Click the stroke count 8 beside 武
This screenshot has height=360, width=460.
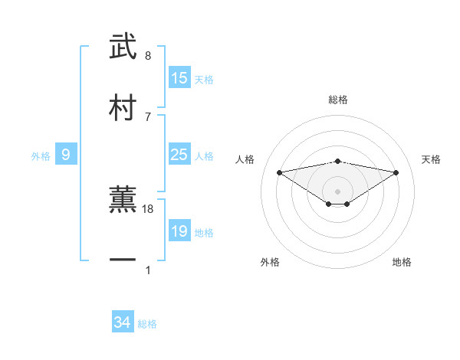(x=148, y=56)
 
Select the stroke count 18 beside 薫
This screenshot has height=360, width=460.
(x=149, y=208)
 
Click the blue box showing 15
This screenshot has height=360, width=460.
(x=179, y=77)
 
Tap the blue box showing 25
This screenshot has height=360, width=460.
(x=179, y=155)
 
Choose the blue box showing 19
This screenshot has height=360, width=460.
(x=179, y=231)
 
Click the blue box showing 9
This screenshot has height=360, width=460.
(x=66, y=155)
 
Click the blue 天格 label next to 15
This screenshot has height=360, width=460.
(x=204, y=79)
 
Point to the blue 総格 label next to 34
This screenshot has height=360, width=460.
(x=147, y=324)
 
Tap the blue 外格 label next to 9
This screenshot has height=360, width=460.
(x=41, y=156)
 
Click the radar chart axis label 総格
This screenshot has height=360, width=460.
(x=338, y=100)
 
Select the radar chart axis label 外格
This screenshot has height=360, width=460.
(x=270, y=262)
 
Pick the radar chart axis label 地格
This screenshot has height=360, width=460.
(x=402, y=262)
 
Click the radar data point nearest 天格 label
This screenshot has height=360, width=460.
(x=396, y=172)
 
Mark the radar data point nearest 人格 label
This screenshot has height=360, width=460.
(x=280, y=172)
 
